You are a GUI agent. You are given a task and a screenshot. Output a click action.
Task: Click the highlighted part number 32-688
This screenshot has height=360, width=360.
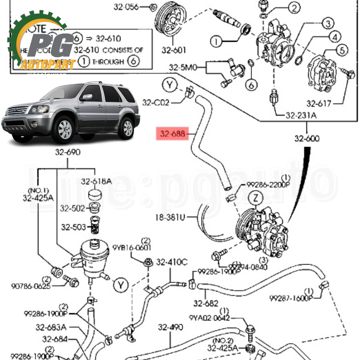pos(172,134)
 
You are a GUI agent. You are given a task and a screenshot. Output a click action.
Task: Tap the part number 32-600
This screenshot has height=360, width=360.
pos(307,138)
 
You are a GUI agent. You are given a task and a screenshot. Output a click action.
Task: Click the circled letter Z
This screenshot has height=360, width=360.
pos(256,198)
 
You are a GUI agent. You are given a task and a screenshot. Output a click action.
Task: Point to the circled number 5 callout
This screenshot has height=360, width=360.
pos(342,50)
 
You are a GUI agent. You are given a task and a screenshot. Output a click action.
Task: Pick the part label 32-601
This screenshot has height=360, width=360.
pos(174,50)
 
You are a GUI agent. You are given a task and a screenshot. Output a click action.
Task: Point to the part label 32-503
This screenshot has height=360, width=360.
pos(73,227)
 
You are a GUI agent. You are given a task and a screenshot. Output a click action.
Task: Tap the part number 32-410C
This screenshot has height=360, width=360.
pos(172,262)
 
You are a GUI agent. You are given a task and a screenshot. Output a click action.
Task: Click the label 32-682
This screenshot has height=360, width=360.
pos(206,303)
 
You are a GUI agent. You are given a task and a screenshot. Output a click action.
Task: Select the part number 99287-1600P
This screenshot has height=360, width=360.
pos(291,298)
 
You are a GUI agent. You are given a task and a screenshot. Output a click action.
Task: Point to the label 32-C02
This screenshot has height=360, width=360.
pos(156,102)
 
